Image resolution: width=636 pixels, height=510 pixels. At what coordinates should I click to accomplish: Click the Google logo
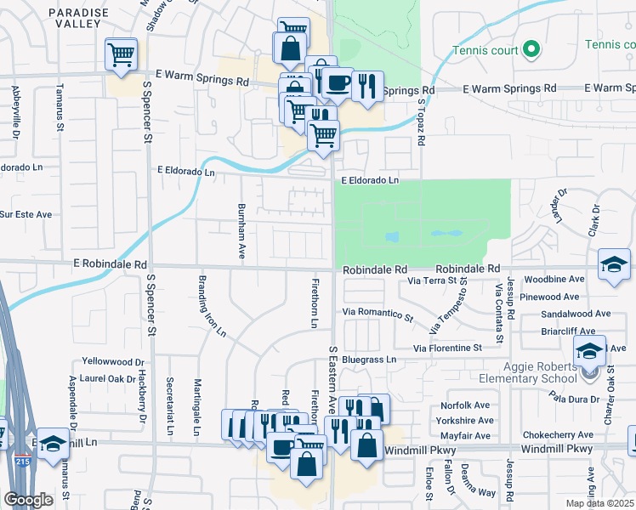pyautogui.click(x=27, y=500)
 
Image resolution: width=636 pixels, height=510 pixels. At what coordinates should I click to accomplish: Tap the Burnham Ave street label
pyautogui.click(x=242, y=230)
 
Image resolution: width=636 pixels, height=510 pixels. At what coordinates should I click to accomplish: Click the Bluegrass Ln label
pyautogui.click(x=370, y=360)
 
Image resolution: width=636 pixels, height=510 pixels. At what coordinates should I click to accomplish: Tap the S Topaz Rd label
pyautogui.click(x=421, y=119)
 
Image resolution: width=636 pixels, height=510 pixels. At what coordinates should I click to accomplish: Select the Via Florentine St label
pyautogui.click(x=447, y=348)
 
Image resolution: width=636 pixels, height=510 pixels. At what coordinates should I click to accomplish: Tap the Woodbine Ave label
pyautogui.click(x=554, y=279)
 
